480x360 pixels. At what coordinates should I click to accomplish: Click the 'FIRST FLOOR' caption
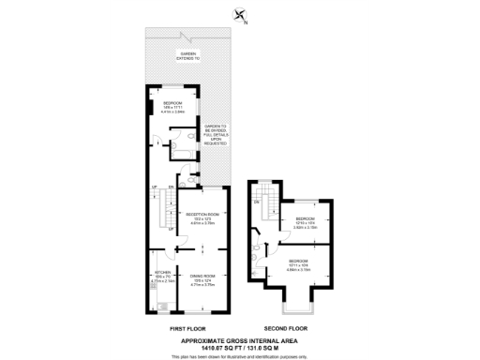186,328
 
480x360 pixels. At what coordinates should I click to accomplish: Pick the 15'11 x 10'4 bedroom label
300,264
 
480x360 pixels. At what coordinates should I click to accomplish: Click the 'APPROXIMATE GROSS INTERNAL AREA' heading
240,340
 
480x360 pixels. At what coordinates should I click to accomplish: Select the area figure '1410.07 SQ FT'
219,348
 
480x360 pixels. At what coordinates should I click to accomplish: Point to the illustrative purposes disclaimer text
240,356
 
